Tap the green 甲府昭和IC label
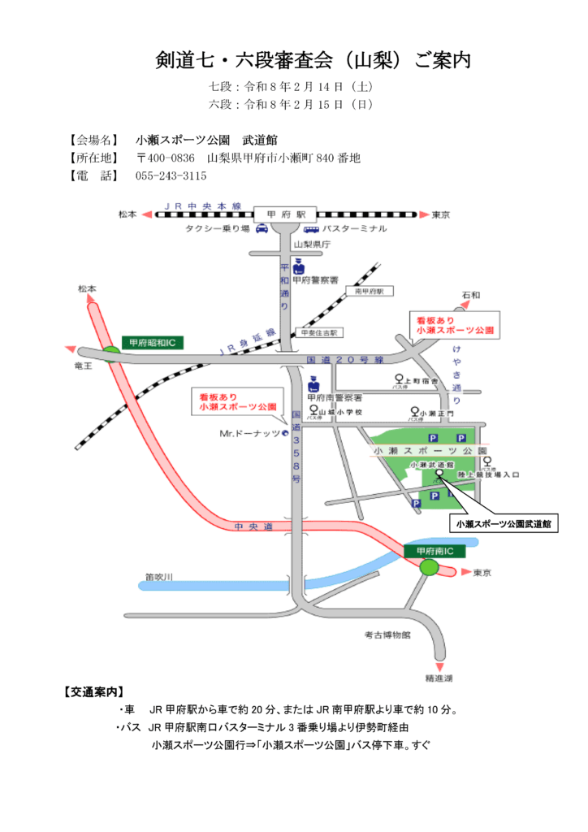point(153,343)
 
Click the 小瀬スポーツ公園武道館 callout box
point(504,525)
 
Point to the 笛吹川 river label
point(160,577)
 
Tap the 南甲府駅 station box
point(368,290)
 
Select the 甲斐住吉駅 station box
point(318,332)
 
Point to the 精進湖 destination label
point(438,677)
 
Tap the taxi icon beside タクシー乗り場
point(262,229)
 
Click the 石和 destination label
point(470,293)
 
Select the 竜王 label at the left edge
point(84,366)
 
